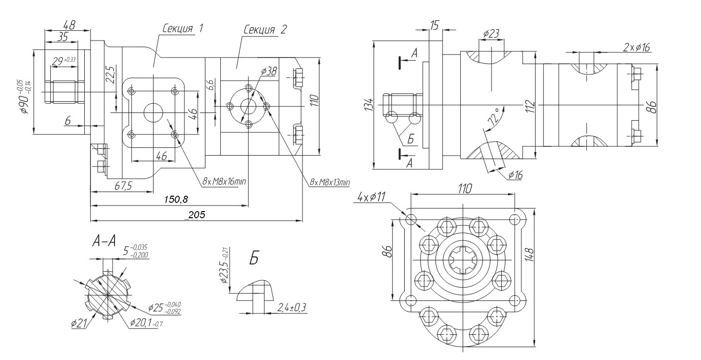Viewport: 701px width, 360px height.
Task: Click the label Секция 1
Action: (x=183, y=28)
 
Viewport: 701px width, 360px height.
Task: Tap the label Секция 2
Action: (x=265, y=30)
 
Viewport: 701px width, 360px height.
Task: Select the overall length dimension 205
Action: (x=197, y=215)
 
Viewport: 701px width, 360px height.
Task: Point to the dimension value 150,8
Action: (x=176, y=199)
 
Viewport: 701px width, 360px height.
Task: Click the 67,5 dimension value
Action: (x=123, y=186)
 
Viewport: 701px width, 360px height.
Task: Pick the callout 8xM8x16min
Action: (x=224, y=181)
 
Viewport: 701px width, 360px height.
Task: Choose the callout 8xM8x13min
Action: (x=330, y=182)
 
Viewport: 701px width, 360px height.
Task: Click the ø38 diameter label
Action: (x=269, y=71)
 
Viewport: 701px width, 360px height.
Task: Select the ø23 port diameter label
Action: (x=491, y=33)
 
